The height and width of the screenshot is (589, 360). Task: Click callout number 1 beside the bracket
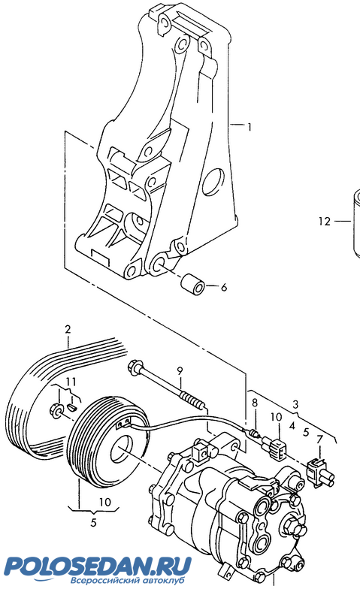249,128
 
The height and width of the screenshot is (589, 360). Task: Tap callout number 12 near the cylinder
325,222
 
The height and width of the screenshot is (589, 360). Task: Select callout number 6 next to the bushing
224,287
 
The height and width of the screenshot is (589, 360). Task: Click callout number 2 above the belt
68,329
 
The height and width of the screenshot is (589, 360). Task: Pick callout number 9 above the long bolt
180,371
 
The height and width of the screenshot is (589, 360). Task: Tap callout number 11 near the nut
71,382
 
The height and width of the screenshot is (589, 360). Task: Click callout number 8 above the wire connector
255,403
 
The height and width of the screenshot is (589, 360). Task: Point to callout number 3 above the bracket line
296,404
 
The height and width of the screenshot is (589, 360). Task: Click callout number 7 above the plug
319,439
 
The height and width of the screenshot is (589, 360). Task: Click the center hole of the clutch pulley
123,452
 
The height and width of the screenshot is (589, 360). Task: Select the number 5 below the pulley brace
94,522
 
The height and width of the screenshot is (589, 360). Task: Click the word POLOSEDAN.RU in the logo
97,566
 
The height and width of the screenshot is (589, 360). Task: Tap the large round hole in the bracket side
213,182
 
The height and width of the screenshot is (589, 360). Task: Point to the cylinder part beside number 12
356,224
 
